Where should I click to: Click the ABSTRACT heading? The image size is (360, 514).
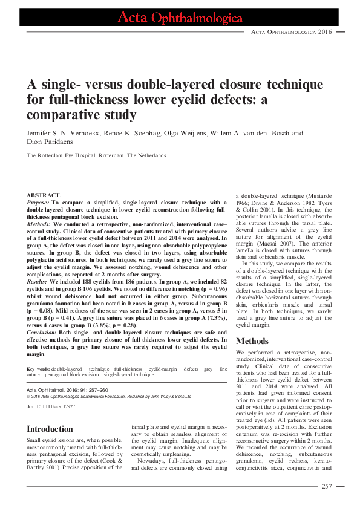pos(44,196)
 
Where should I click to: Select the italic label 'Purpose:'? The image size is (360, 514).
pos(39,204)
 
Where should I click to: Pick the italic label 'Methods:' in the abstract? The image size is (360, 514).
pos(39,223)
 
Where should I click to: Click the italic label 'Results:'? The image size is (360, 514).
pos(38,281)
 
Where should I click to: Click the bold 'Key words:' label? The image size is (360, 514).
pos(38,368)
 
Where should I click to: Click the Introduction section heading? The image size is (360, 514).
pos(50,429)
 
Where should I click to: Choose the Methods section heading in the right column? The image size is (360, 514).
pos(252,341)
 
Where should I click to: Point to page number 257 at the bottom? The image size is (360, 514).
pos(327,486)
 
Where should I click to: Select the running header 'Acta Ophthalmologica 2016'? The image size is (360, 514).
pos(291,31)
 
